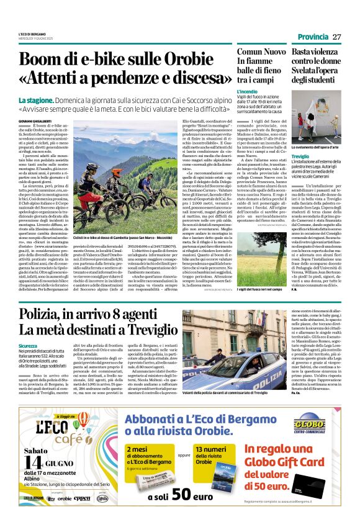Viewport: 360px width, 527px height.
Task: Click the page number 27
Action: pyautogui.click(x=336, y=37)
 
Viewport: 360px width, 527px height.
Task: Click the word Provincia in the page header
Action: pyautogui.click(x=308, y=38)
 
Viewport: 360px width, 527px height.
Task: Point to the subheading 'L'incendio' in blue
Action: pyautogui.click(x=247, y=91)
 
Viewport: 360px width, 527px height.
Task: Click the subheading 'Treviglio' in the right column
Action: pyautogui.click(x=301, y=157)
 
